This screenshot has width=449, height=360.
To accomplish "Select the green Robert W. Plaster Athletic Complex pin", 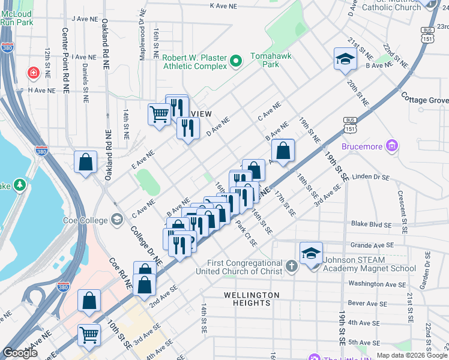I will (235, 61).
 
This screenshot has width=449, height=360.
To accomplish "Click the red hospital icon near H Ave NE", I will (34, 73).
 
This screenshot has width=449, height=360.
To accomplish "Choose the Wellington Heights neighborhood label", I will (252, 299).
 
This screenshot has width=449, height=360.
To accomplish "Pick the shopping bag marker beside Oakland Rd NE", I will (86, 162).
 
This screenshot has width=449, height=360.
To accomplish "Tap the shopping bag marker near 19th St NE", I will (283, 151).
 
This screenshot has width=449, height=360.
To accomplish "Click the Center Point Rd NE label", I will (66, 58).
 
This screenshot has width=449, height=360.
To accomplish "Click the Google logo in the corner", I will (20, 353).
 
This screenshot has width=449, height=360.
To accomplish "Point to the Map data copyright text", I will (412, 355).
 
